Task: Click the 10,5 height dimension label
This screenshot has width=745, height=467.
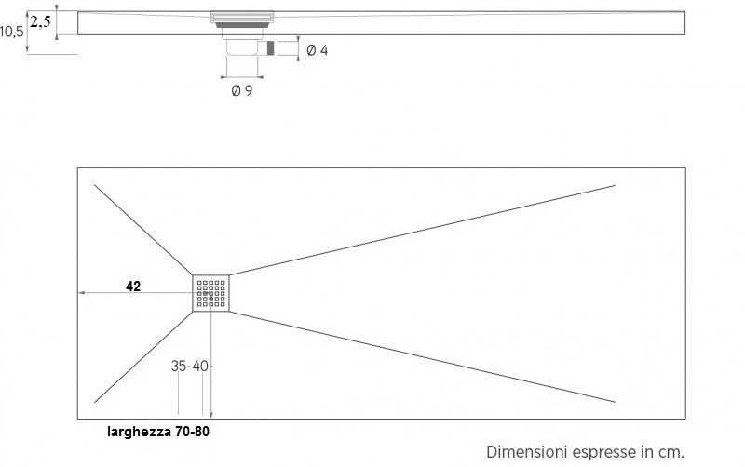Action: click(x=11, y=32)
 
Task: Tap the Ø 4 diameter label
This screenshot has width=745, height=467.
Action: click(x=317, y=50)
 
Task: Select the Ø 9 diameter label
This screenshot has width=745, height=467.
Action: click(x=241, y=90)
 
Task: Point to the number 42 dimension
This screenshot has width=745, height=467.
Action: click(x=133, y=287)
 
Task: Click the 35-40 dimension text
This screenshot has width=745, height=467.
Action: click(x=191, y=367)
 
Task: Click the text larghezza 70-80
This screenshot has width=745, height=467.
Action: click(x=163, y=432)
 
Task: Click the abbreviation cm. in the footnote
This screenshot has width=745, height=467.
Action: click(x=670, y=451)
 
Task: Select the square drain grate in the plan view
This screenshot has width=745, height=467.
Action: click(x=211, y=294)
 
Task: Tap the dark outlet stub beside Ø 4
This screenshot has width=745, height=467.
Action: click(x=271, y=47)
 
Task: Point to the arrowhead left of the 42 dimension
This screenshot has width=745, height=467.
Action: click(x=81, y=293)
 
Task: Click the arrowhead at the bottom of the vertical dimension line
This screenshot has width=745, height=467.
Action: click(x=211, y=415)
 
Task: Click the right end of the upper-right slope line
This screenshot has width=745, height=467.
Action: click(x=615, y=186)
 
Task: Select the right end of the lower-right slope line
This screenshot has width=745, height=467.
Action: click(x=615, y=402)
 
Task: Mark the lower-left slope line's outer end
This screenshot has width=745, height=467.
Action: click(x=95, y=402)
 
